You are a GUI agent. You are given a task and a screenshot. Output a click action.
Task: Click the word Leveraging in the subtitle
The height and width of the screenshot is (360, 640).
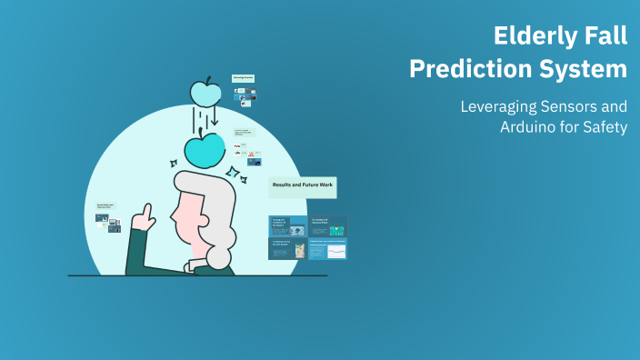(501, 105)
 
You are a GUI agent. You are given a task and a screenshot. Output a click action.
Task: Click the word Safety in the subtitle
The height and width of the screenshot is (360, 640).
(605, 127)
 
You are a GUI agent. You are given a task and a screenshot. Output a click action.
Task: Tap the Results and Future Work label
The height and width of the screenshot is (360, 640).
(303, 185)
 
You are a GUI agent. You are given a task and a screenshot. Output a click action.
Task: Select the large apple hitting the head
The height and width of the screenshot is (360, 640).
(205, 149)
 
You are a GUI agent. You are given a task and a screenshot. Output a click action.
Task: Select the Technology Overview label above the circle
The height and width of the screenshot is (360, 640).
(243, 78)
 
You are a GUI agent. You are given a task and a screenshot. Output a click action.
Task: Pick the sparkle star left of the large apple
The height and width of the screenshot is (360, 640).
(173, 164)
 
